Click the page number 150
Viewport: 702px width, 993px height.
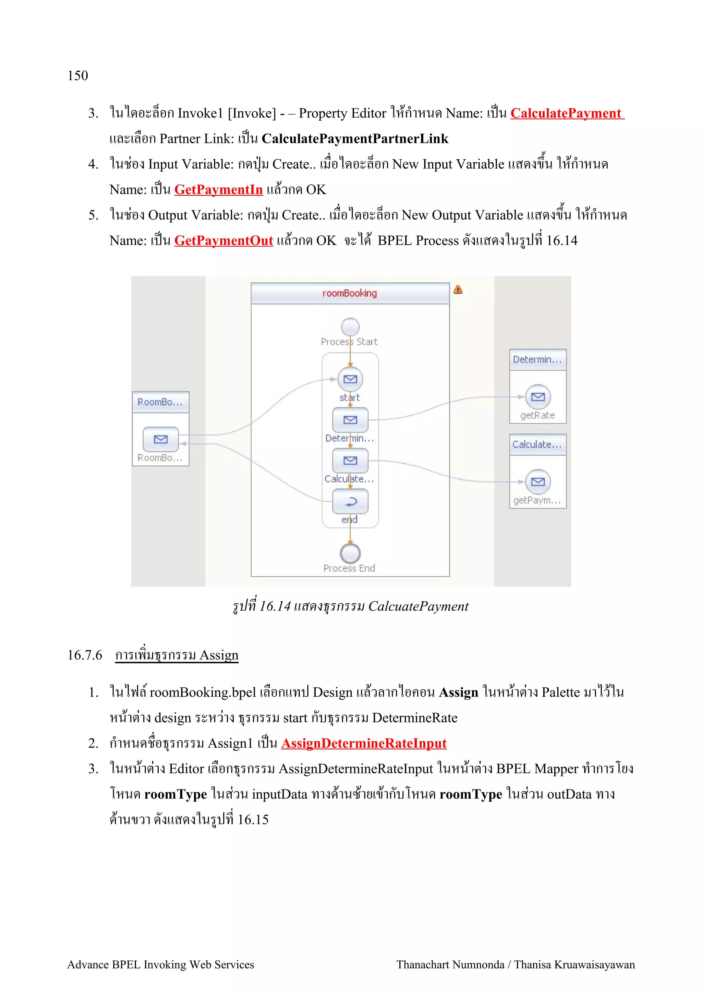point(77,76)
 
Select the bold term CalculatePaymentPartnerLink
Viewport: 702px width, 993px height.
point(355,139)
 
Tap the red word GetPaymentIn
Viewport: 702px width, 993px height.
point(218,190)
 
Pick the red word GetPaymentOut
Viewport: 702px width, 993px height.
point(223,241)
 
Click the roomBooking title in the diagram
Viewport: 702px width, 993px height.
point(350,293)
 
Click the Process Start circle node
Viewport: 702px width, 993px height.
point(350,327)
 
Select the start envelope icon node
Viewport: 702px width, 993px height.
point(350,379)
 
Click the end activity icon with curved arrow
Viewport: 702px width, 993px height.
point(350,502)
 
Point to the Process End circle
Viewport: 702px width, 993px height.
point(350,553)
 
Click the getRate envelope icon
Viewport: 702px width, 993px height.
point(537,396)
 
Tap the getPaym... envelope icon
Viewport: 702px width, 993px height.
point(537,481)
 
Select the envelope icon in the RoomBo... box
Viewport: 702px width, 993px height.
point(160,439)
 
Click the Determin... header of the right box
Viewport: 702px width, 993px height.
point(537,359)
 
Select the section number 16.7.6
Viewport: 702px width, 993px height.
point(85,655)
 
